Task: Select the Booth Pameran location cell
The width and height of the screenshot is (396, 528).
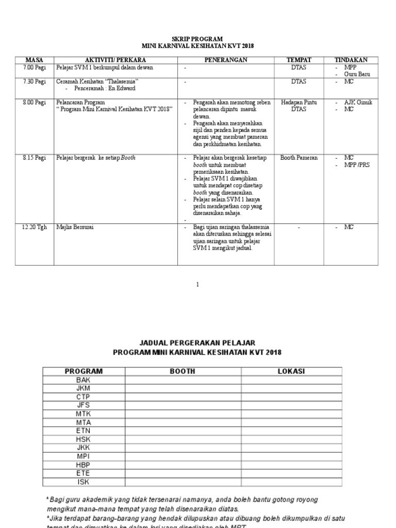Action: [299, 158]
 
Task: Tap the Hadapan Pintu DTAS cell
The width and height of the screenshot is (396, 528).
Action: [299, 106]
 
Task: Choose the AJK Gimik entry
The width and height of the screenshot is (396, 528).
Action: [358, 102]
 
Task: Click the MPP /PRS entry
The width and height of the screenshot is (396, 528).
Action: [357, 164]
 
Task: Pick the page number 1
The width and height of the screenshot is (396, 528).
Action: [197, 284]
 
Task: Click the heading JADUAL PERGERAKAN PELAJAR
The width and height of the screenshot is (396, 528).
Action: [197, 342]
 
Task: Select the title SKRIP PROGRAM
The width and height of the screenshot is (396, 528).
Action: [197, 39]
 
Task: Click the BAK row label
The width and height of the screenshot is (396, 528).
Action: [83, 379]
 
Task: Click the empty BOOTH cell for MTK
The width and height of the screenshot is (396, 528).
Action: [182, 413]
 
